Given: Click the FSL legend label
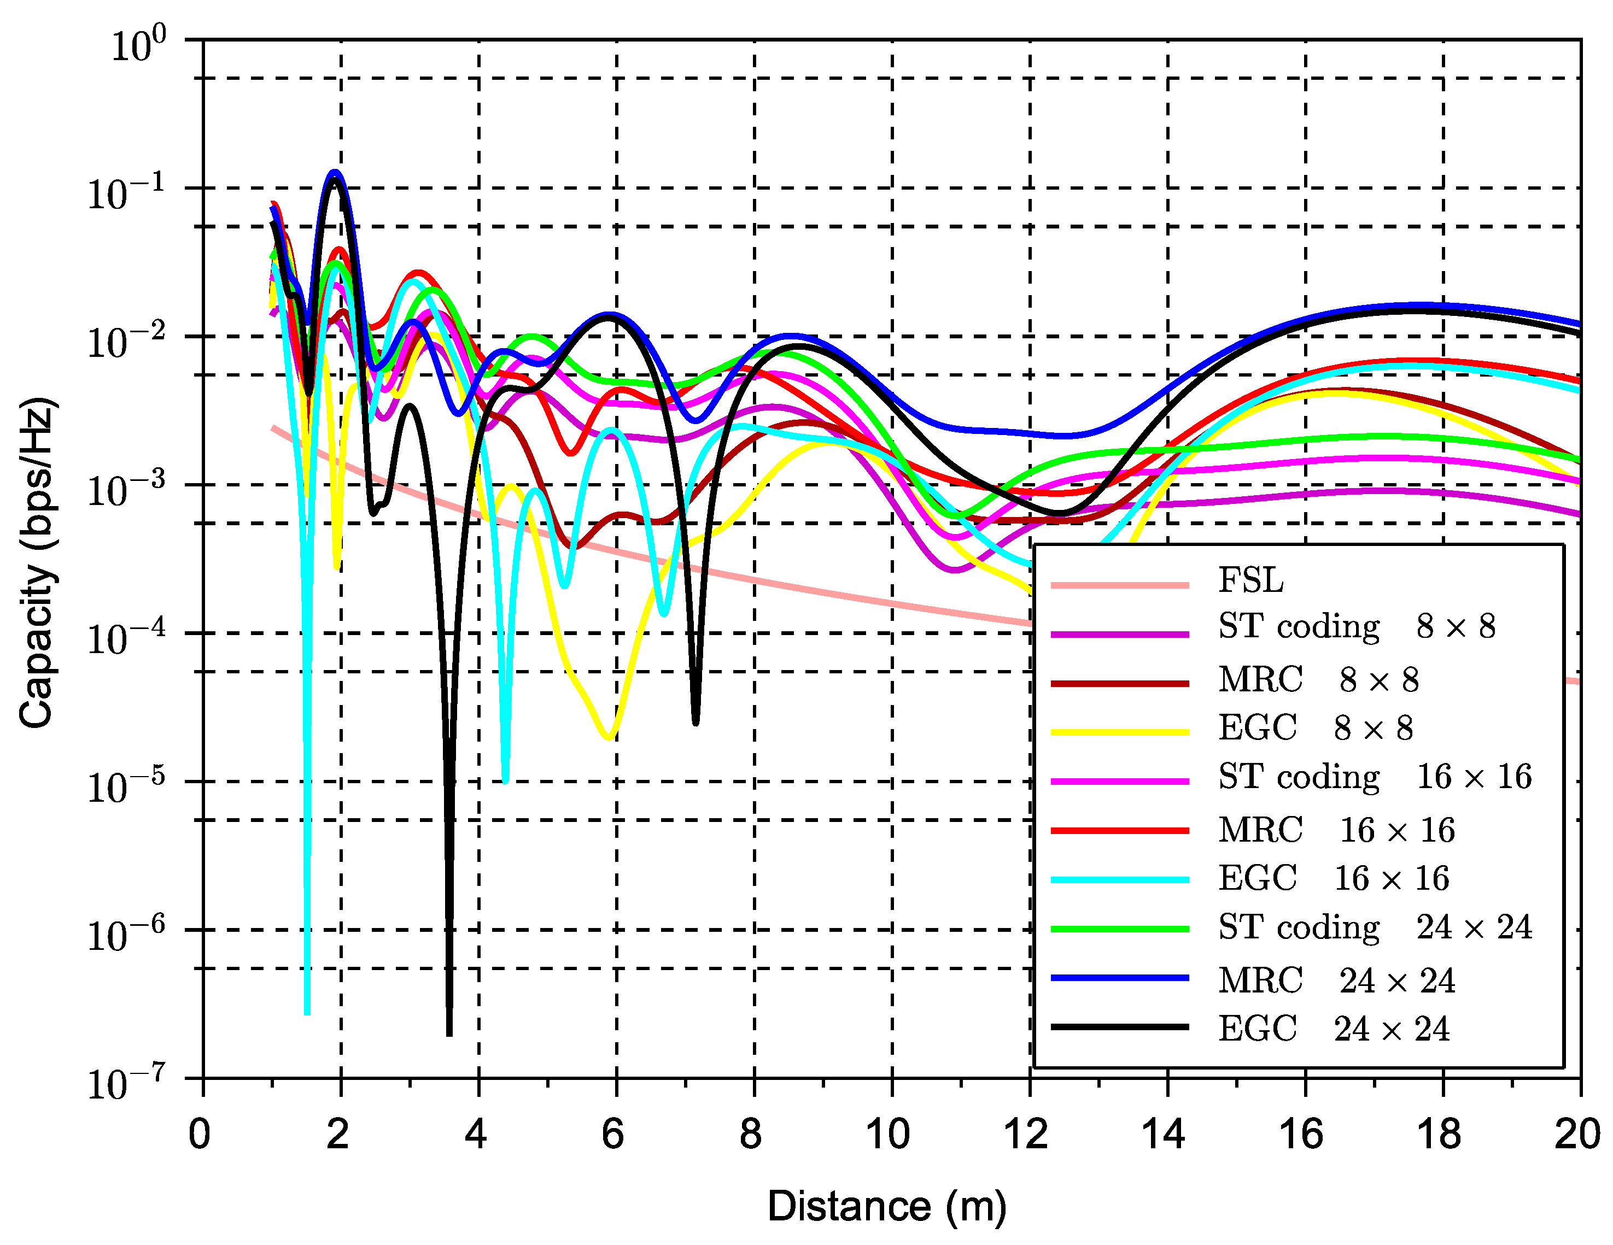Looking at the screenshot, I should coord(1250,580).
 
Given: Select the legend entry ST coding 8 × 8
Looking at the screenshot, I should coord(1356,627).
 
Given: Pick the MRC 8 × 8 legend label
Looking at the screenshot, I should coord(1318,680).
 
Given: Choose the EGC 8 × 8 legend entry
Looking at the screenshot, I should coord(1314,728).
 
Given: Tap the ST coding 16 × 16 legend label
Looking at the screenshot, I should coord(1375,777).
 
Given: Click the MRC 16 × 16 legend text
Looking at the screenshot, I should coord(1336,830).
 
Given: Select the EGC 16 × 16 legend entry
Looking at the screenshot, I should coord(1333,878).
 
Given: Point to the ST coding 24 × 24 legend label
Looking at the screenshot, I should coord(1375,927).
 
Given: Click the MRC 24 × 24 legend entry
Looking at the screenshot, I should coord(1336,980).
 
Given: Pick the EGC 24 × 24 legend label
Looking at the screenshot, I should coord(1333,1029).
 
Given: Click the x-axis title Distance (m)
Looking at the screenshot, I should coord(886,1207).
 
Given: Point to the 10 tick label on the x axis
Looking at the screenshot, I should coord(888,1135).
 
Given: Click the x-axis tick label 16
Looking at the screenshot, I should coord(1301,1135).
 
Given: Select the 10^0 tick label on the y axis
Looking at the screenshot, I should coord(137,46).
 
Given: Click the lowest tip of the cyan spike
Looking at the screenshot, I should coord(307,1013).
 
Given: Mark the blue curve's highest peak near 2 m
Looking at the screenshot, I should coord(335,173).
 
